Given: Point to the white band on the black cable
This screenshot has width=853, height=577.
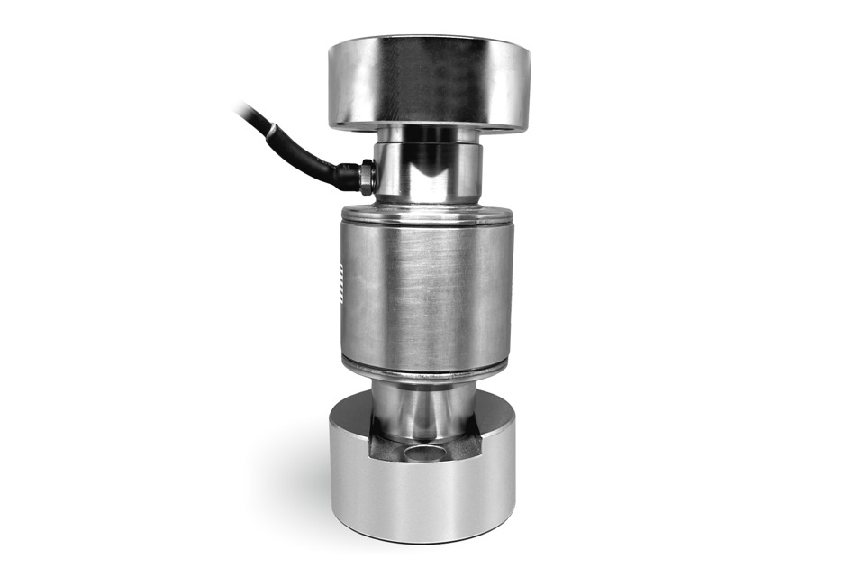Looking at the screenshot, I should [x=268, y=133].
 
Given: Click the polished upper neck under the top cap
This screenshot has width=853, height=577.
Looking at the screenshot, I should [x=428, y=167].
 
